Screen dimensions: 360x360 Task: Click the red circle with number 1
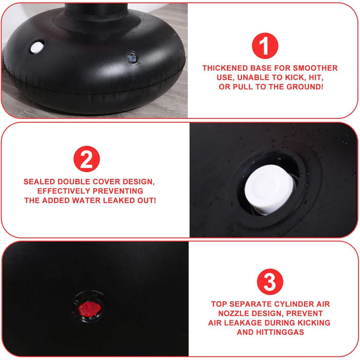[265, 46]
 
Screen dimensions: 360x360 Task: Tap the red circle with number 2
[86, 159]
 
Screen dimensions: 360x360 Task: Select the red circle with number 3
[270, 282]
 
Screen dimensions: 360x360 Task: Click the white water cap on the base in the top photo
[37, 47]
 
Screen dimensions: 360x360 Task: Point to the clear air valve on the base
[132, 58]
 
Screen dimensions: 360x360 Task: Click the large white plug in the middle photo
[269, 189]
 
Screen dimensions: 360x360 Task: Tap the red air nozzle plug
[89, 309]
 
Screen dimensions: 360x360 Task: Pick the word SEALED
[39, 182]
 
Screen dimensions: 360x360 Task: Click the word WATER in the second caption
[86, 201]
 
